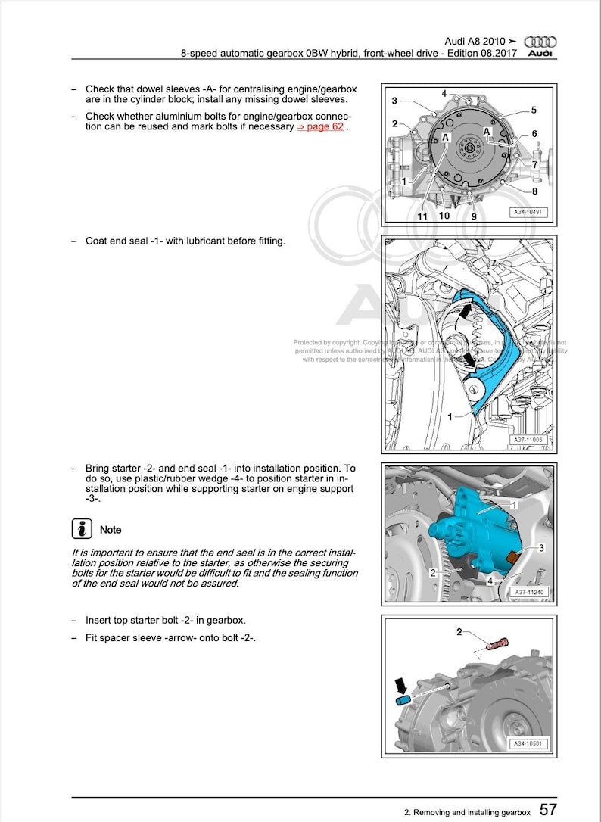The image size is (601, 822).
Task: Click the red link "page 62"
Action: (319, 127)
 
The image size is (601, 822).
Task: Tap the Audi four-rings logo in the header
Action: (540, 42)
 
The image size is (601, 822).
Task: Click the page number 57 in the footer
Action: (548, 809)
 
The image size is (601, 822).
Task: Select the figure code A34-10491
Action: (528, 213)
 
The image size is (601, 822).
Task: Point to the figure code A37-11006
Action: (528, 440)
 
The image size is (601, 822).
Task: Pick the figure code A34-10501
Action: (528, 744)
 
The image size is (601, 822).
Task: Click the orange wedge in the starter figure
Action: (514, 558)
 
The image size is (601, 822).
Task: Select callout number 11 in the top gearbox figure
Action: (422, 216)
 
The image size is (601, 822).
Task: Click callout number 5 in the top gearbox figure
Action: (534, 110)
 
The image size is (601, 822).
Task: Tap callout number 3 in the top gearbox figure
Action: (394, 101)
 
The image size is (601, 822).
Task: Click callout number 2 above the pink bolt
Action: (458, 631)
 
